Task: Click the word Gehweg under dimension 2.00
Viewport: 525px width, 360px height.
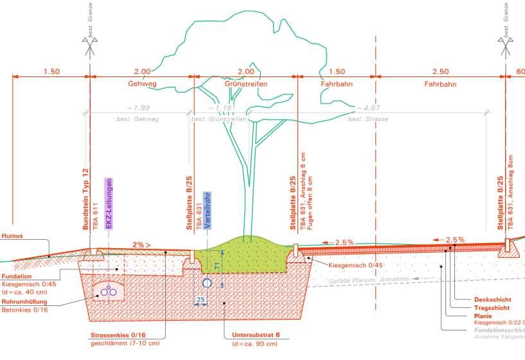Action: [x=142, y=84]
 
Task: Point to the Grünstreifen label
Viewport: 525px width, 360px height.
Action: [x=245, y=84]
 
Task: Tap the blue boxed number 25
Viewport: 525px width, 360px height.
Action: [x=201, y=300]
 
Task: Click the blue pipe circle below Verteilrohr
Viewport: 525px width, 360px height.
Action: [x=208, y=283]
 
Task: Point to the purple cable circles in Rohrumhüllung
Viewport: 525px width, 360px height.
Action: [x=112, y=291]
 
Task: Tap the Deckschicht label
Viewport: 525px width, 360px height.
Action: [x=492, y=300]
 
